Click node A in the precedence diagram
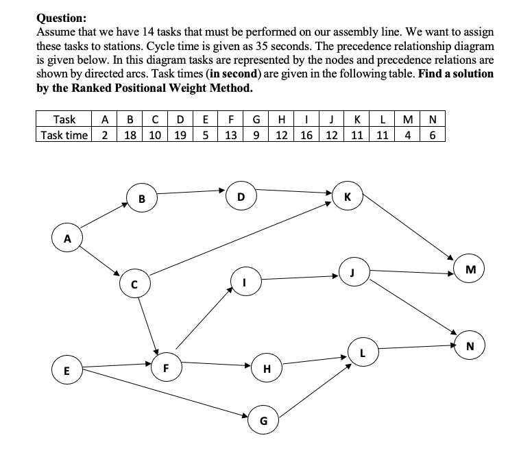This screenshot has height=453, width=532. (x=67, y=239)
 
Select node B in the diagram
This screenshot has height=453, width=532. (x=141, y=200)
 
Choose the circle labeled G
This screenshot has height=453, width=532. (x=263, y=419)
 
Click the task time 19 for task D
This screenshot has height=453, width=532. (x=180, y=134)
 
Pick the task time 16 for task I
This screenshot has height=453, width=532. (x=305, y=134)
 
